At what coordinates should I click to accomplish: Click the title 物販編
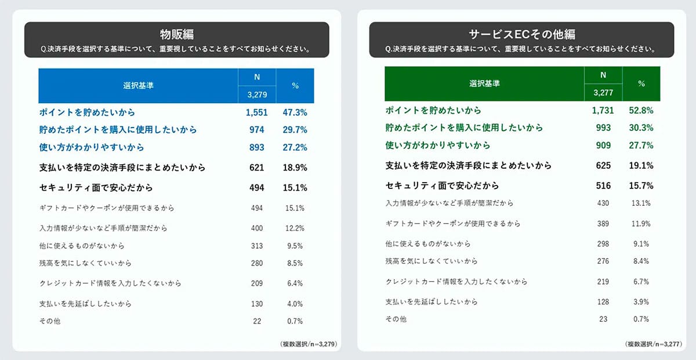(x=176, y=34)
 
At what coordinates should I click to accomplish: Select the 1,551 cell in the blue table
(x=252, y=112)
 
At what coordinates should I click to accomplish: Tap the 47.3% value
(x=295, y=112)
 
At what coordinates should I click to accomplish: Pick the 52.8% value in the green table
(x=641, y=110)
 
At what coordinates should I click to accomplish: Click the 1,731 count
(x=603, y=110)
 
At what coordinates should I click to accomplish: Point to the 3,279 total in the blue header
(x=256, y=94)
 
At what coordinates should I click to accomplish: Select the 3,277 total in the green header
(x=603, y=93)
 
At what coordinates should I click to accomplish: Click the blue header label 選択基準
(x=138, y=86)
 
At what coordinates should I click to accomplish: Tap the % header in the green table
(x=641, y=83)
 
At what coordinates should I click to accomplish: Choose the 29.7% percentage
(x=295, y=130)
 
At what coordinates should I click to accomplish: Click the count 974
(x=256, y=130)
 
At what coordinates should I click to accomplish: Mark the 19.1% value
(x=641, y=166)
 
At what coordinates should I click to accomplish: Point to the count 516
(x=603, y=186)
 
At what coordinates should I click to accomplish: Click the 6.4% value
(x=295, y=283)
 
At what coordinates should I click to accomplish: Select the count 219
(x=603, y=282)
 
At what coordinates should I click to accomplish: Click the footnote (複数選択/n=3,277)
(x=653, y=344)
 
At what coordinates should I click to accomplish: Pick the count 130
(x=256, y=304)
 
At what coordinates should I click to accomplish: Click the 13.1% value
(x=641, y=203)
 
